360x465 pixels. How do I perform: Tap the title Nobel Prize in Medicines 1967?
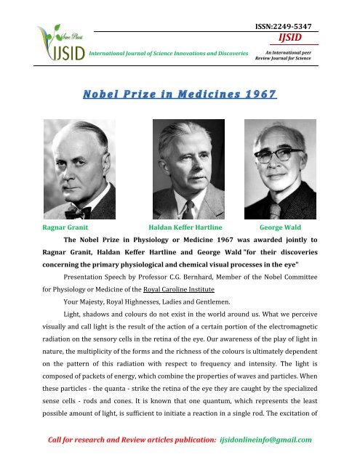179,94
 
